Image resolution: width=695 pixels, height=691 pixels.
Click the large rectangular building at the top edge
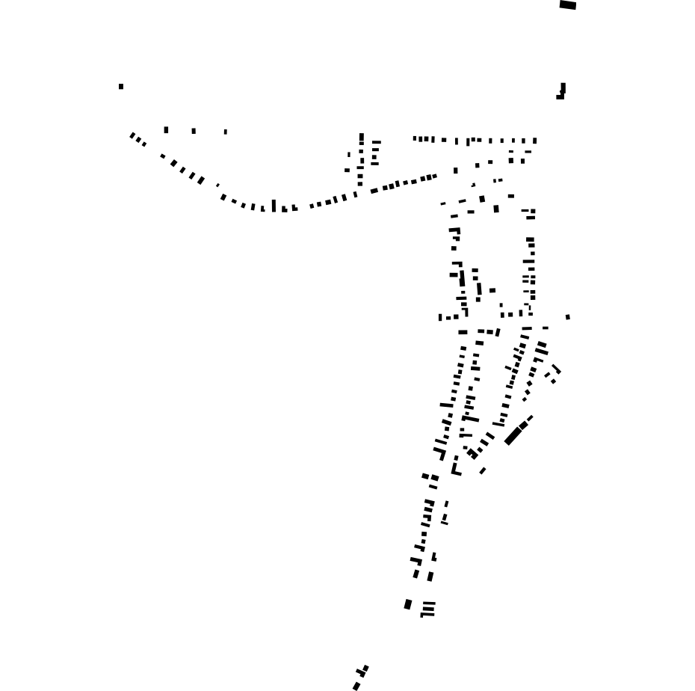[x=568, y=4]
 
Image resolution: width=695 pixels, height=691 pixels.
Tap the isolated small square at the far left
[x=121, y=87]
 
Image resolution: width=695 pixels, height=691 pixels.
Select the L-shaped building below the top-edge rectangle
[x=562, y=91]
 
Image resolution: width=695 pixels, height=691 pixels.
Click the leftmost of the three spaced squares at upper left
[x=166, y=130]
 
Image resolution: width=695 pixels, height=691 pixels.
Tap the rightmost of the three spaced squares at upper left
[x=226, y=132]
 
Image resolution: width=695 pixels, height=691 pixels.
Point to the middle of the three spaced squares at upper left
[x=194, y=131]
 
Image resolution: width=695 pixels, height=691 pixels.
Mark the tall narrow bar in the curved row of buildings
[x=274, y=206]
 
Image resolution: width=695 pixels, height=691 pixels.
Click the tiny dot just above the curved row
[x=217, y=185]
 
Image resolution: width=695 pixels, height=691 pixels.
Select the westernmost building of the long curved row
[x=132, y=135]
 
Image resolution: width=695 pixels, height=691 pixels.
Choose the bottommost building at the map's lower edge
[x=356, y=686]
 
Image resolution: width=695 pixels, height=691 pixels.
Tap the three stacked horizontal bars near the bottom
[x=428, y=609]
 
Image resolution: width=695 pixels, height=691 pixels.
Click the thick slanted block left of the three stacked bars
[x=408, y=604]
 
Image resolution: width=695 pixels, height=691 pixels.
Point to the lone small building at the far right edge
[x=568, y=317]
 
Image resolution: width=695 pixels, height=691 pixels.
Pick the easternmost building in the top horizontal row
[x=535, y=141]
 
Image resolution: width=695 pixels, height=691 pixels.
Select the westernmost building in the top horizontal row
[x=415, y=138]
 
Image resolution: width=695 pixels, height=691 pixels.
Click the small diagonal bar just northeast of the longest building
[x=531, y=418]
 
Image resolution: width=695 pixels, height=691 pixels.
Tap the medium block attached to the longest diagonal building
[x=523, y=426]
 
